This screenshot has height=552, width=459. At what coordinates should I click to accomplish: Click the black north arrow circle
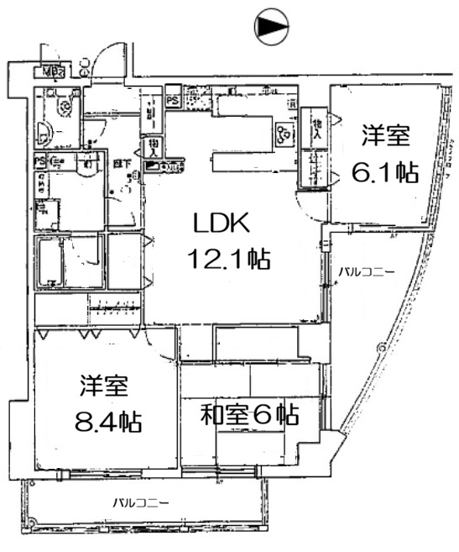pos(272,28)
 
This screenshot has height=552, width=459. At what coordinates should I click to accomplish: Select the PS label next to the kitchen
pos(172,99)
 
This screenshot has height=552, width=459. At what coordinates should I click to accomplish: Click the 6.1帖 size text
pos(384,173)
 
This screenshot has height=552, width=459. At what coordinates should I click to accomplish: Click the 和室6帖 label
pos(250,414)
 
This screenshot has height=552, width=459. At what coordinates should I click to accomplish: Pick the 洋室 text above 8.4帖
pos(104,386)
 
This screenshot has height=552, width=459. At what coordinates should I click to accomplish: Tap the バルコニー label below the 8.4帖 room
pos(143,504)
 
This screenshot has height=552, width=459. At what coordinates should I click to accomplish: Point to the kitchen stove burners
pos(283,134)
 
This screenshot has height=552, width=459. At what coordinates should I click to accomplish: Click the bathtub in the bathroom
pos(51,260)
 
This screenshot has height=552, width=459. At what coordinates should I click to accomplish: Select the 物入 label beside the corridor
pos(154,149)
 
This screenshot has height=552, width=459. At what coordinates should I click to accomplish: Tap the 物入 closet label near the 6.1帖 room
pos(316,128)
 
